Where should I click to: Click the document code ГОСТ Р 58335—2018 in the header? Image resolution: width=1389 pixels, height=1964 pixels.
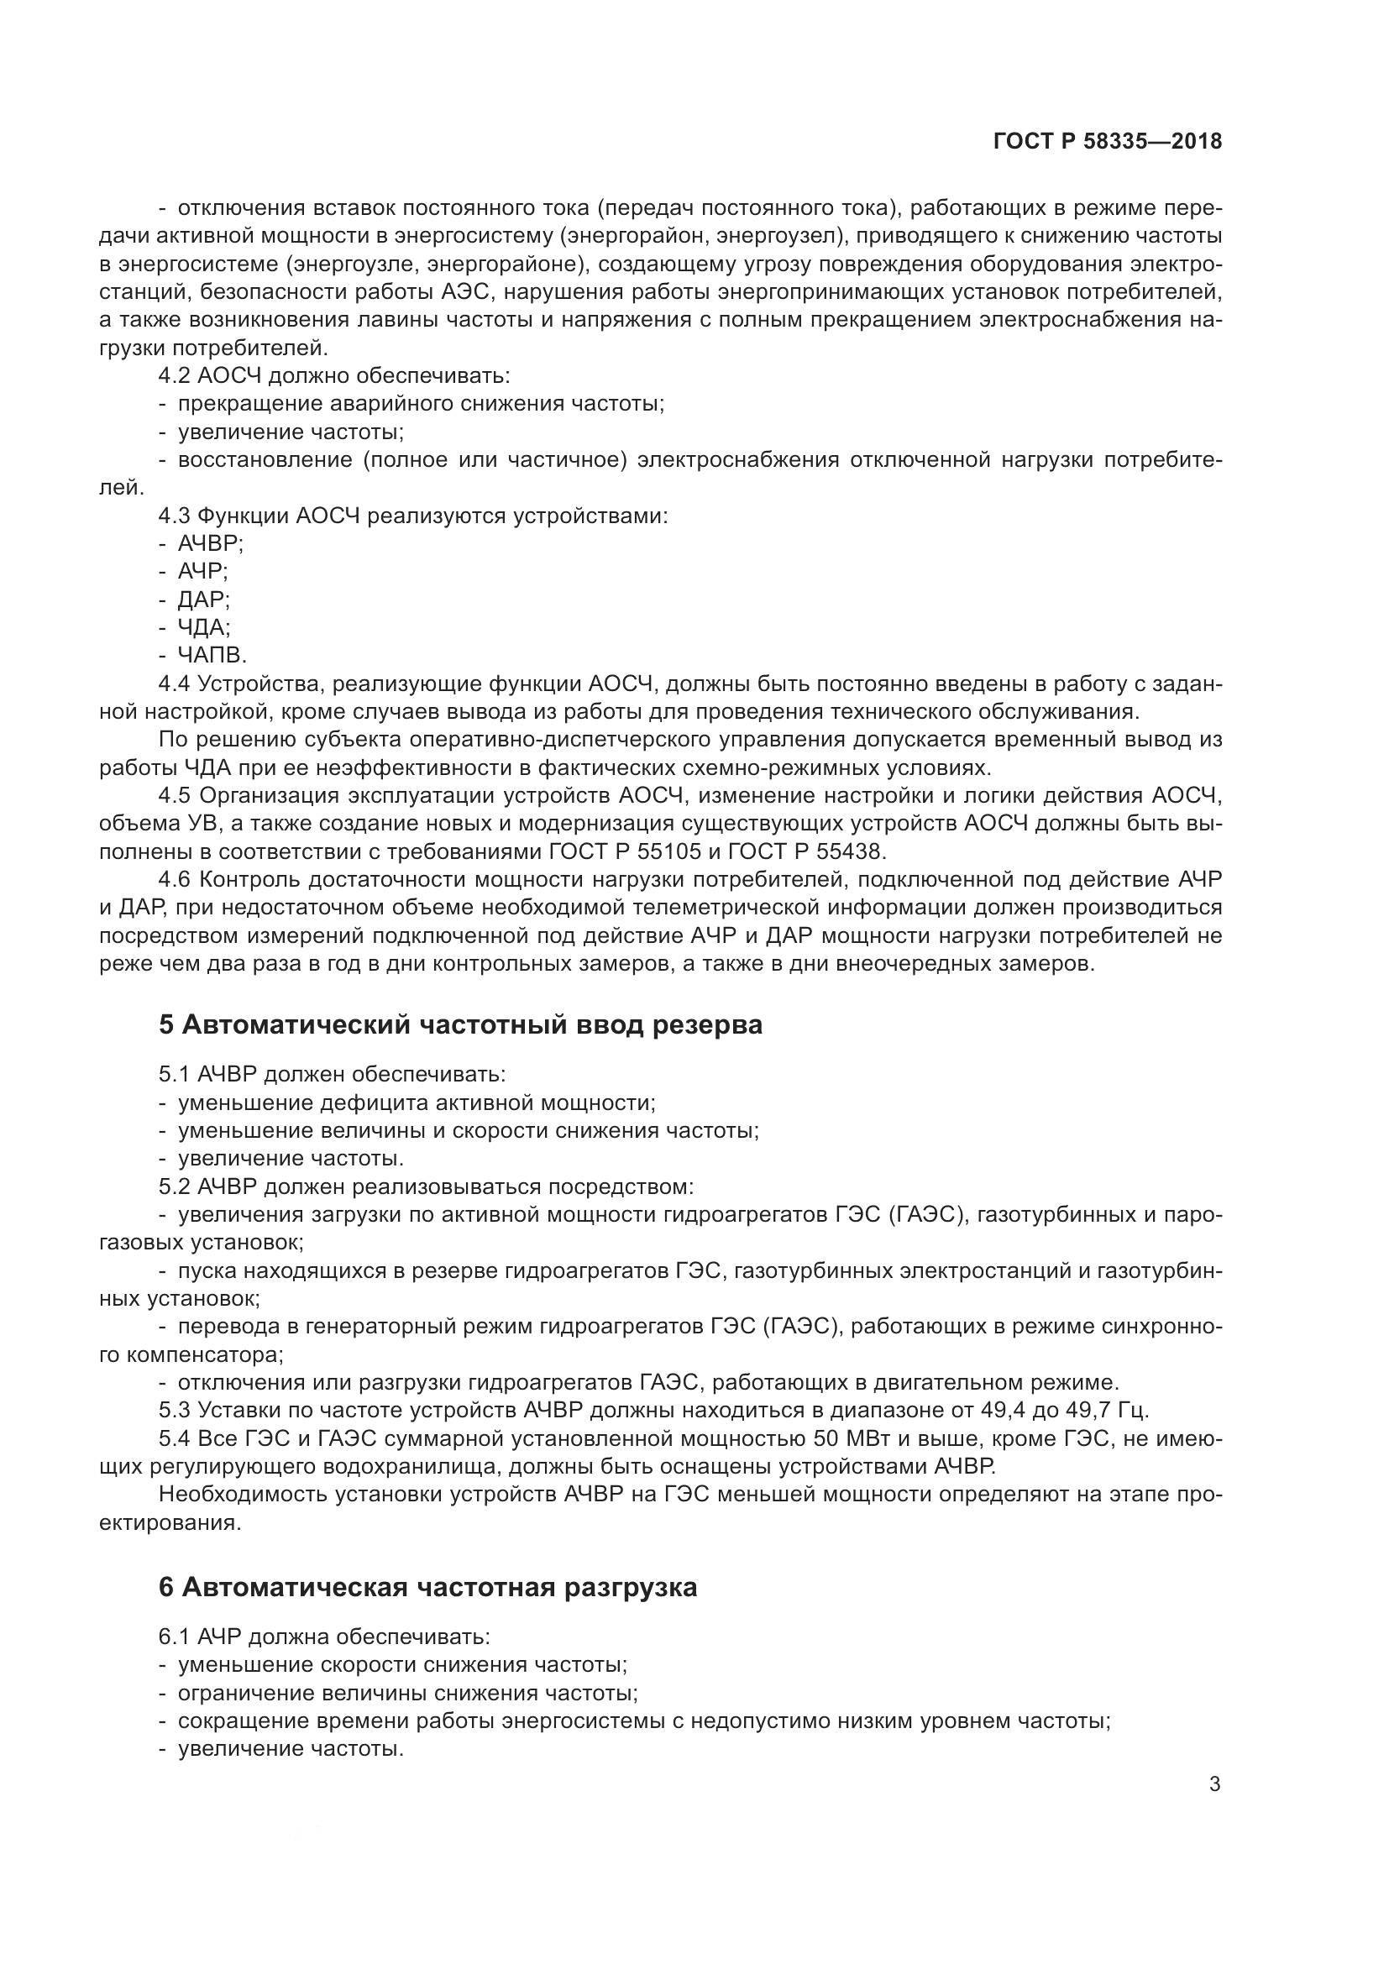point(1108,142)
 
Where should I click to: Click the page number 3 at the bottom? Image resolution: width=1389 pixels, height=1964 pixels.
point(1214,1784)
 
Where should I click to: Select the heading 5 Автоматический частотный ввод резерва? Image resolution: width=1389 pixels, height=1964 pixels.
point(460,1024)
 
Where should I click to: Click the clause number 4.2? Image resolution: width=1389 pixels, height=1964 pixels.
point(175,375)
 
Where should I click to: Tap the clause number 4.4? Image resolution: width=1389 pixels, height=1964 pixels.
point(175,683)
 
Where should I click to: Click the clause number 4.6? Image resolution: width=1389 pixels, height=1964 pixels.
point(175,878)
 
